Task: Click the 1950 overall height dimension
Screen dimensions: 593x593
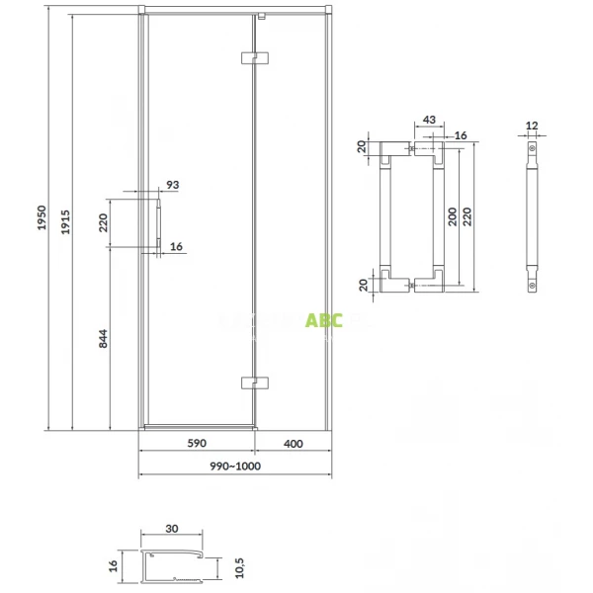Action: click(42, 219)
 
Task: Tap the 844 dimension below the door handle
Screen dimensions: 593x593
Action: click(103, 338)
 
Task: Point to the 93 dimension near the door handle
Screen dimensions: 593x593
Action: click(173, 185)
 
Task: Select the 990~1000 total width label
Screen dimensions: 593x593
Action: click(234, 466)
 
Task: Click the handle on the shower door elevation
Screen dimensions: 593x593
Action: click(156, 225)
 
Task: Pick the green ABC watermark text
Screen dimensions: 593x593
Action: click(323, 320)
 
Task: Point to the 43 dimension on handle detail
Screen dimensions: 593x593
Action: click(430, 120)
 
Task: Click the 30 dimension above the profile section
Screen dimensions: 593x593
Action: click(173, 529)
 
